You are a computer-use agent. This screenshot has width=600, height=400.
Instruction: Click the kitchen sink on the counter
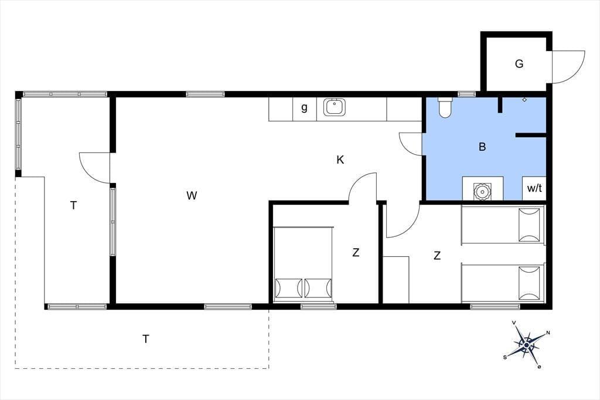tap(335, 107)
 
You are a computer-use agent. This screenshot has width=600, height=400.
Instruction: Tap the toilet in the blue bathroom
tap(445, 108)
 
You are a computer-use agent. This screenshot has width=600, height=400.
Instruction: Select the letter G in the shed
tap(519, 63)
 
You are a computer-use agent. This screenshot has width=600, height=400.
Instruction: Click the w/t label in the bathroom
tap(534, 188)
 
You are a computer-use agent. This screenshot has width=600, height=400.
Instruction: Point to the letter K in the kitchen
tap(340, 160)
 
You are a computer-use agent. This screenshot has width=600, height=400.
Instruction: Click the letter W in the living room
tap(192, 195)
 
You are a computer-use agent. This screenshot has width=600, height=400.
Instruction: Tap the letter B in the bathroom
tap(482, 147)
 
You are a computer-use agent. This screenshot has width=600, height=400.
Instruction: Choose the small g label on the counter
tap(304, 108)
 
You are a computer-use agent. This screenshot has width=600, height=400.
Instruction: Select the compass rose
tap(527, 345)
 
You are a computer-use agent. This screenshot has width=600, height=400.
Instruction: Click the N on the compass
tap(548, 333)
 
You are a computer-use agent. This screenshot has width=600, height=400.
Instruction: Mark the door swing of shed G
tap(574, 71)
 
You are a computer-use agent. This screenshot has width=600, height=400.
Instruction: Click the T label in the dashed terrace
tap(145, 339)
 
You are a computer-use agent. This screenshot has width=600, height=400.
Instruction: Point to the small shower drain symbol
tap(524, 100)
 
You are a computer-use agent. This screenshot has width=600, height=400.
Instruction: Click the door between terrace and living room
tap(95, 168)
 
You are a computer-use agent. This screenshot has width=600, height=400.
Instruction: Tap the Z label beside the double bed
tap(356, 253)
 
